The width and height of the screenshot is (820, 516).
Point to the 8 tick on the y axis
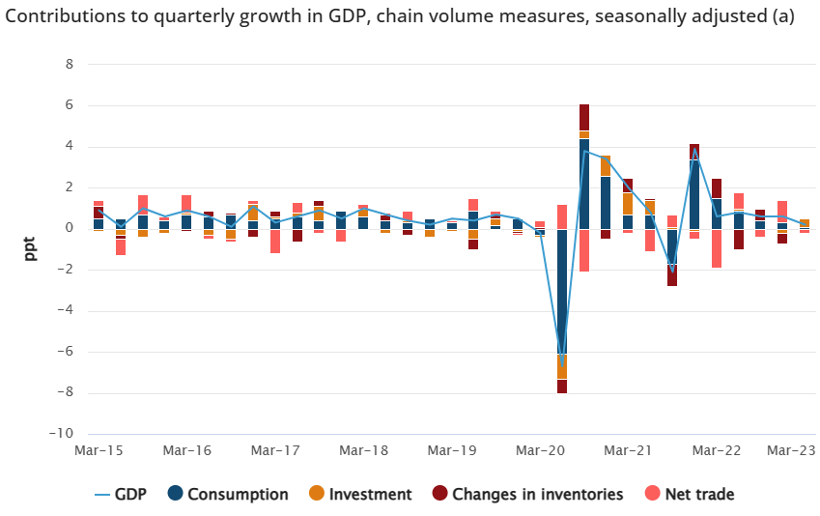coord(69,65)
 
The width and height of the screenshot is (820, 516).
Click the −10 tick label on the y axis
coord(61,434)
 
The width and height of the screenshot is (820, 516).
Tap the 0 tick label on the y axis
coord(69,229)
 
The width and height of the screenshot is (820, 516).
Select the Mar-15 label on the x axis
coord(98,451)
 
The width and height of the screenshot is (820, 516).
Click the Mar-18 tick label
coord(363,451)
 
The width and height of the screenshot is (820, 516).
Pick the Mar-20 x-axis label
coord(541,451)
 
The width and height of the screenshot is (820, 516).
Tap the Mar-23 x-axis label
coord(789,451)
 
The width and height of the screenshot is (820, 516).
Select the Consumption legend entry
coord(237,494)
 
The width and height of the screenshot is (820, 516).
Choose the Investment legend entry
coord(370,494)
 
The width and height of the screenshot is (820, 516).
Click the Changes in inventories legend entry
coord(537,494)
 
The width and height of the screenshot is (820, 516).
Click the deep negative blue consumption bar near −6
coord(562,290)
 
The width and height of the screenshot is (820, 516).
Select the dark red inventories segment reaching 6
coord(584,117)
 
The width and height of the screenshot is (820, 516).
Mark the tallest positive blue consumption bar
coord(584,184)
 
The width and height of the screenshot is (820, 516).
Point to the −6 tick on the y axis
coord(66,352)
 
